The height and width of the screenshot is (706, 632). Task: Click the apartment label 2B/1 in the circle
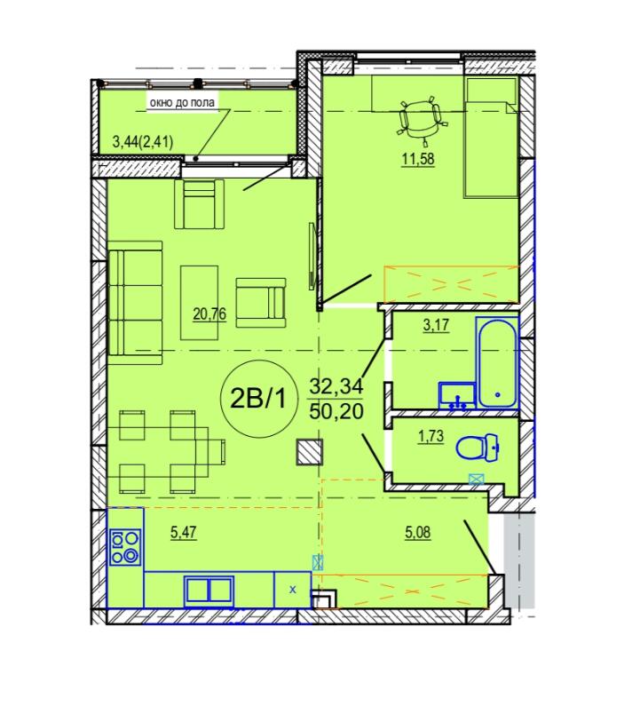point(257,398)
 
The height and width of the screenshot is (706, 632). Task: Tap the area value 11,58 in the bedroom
point(418,159)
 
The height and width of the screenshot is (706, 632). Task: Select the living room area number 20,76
point(209,313)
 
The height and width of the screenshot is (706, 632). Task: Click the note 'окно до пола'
point(182,103)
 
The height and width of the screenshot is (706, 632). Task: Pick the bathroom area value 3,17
point(436,325)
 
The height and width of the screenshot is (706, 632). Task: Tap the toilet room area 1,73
point(431,436)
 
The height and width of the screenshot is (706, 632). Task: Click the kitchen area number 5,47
point(184,533)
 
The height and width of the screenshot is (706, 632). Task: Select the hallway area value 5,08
point(418,533)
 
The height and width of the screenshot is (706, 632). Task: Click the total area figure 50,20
point(336,411)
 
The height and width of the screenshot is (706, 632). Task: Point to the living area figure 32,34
point(336,386)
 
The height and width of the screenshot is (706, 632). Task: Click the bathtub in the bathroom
point(497,363)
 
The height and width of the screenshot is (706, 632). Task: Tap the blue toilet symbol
point(478,448)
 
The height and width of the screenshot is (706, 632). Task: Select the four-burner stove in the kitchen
point(125,547)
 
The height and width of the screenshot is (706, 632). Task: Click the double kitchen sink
point(209,591)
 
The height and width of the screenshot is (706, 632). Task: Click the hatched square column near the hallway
point(309,452)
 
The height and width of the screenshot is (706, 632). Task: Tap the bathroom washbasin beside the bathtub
point(457,395)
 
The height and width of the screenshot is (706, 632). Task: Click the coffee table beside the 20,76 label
point(200,303)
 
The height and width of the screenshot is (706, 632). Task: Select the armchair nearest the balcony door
point(200,204)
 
